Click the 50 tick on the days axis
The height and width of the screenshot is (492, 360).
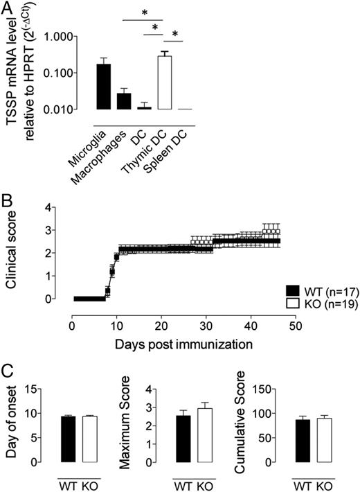click(x=294, y=326)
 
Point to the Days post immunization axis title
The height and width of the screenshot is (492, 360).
click(x=183, y=342)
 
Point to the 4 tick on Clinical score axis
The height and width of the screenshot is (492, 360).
click(x=63, y=207)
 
